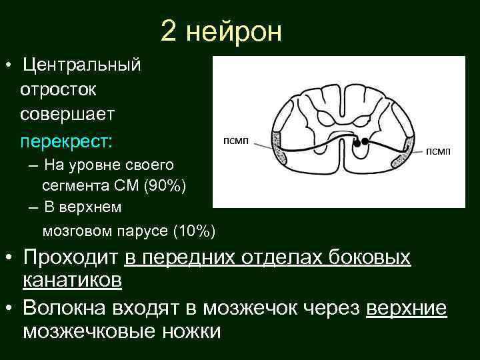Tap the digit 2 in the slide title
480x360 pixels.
[169, 31]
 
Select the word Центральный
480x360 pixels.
[81, 65]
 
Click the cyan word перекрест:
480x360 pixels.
[67, 142]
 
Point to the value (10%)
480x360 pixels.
[194, 231]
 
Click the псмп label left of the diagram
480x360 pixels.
[235, 139]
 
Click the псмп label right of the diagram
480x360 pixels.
[438, 151]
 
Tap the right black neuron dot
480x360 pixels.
[365, 143]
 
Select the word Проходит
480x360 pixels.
[70, 257]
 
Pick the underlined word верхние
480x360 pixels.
[407, 307]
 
